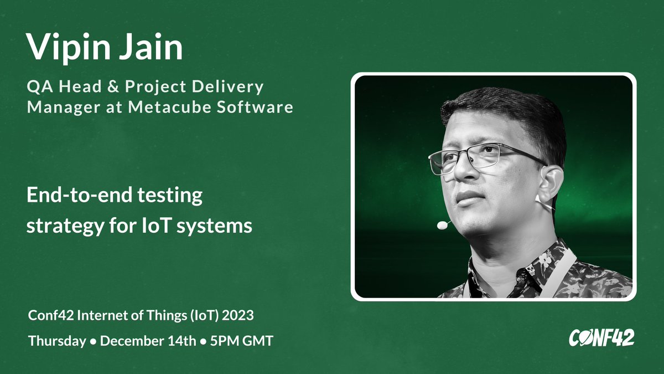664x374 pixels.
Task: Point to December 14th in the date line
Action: [x=148, y=341]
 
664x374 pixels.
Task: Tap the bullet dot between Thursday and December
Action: [x=94, y=342]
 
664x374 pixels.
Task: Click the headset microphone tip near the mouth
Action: [x=442, y=225]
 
